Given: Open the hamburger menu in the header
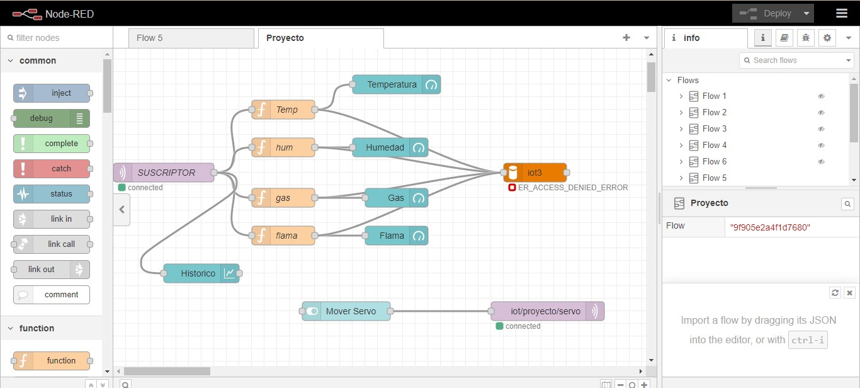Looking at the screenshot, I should [841, 13].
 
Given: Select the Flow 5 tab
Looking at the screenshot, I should [150, 38].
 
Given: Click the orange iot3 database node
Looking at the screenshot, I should [535, 173].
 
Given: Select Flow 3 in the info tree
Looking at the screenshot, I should [714, 128].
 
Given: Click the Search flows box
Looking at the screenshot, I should [793, 60].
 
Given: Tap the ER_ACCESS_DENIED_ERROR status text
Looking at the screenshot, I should [572, 188].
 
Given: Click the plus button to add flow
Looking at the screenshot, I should [626, 38].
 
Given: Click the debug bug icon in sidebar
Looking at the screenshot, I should [806, 38].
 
